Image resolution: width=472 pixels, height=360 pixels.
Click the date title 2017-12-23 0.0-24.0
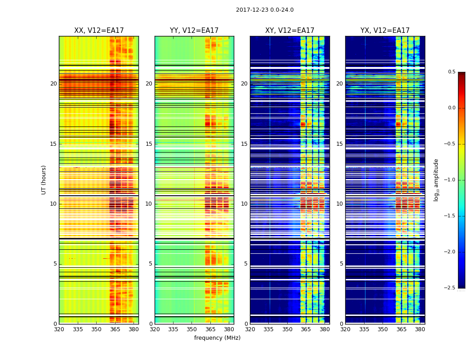264,10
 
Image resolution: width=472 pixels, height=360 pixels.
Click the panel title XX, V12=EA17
99,31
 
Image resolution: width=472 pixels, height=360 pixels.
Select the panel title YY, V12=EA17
194,31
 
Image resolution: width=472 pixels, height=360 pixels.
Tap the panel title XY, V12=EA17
289,31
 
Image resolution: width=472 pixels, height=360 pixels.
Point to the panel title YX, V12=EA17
385,31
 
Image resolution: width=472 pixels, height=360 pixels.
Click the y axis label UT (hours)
44,180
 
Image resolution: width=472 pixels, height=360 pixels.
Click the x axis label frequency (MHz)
217,338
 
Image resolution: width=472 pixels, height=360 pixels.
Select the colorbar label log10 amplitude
436,180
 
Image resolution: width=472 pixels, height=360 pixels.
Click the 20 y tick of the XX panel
53,84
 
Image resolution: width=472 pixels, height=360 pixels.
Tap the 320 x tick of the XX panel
59,329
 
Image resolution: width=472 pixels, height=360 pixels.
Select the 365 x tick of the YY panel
211,329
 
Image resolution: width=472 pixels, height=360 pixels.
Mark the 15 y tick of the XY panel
244,144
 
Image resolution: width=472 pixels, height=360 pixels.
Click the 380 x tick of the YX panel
420,329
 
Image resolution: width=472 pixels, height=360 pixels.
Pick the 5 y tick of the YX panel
341,264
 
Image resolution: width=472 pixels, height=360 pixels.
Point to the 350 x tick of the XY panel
287,329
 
